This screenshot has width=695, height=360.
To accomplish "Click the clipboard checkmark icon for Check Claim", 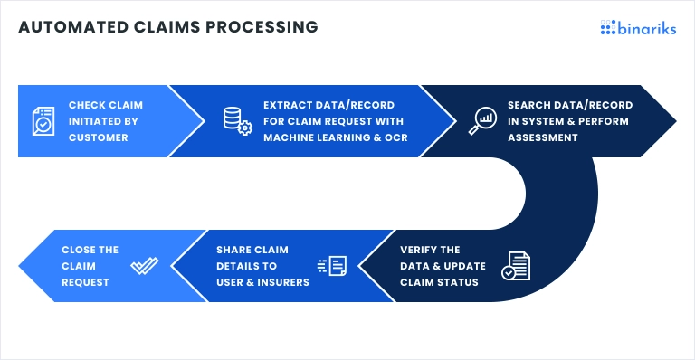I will (43, 121).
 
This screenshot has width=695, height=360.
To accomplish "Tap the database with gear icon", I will (236, 121).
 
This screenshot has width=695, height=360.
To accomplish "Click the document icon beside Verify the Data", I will (516, 266).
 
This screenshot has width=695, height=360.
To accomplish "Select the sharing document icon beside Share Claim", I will (332, 265).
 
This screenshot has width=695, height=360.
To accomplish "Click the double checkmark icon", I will (144, 266).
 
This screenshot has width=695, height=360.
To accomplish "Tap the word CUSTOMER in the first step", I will (98, 137).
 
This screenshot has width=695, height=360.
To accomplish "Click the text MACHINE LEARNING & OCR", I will (334, 137).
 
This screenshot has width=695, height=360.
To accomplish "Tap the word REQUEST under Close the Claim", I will (85, 282).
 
